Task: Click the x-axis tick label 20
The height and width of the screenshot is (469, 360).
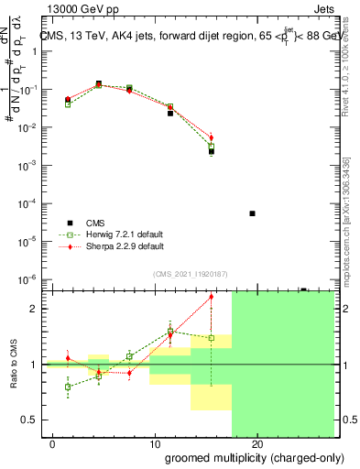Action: pyautogui.click(x=257, y=443)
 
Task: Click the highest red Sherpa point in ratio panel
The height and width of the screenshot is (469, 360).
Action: pyautogui.click(x=212, y=296)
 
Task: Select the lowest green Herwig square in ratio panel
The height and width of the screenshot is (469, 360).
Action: pyautogui.click(x=68, y=387)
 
